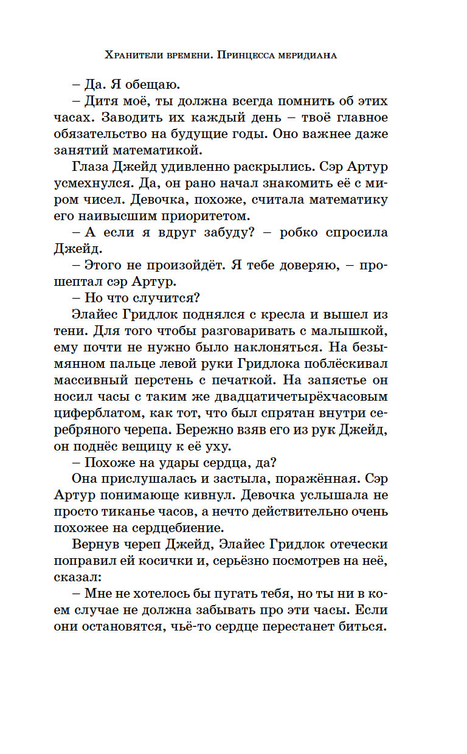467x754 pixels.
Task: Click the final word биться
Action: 360,627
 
